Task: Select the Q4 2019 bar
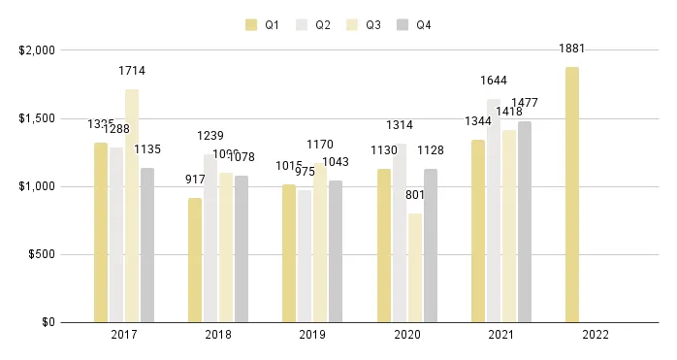[x=336, y=251]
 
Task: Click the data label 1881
[x=572, y=49]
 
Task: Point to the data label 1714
[x=132, y=71]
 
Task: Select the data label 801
[x=415, y=195]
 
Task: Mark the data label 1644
[x=494, y=81]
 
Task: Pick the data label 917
[x=195, y=180]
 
